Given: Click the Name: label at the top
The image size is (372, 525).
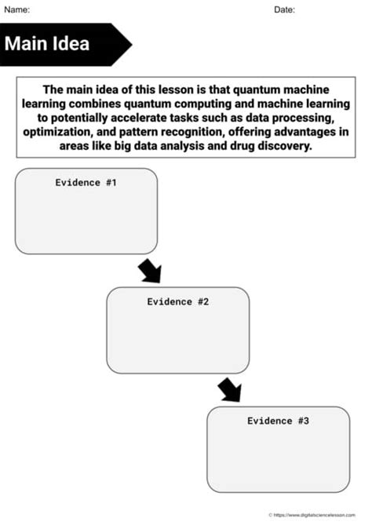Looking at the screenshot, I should (16, 9).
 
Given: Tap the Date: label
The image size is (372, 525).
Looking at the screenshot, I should (285, 9).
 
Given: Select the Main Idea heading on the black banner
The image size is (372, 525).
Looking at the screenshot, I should (47, 43).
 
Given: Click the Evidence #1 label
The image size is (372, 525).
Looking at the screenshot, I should (86, 182).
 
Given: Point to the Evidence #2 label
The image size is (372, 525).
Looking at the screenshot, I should (178, 301).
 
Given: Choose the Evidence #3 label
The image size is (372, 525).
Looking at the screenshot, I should (279, 421).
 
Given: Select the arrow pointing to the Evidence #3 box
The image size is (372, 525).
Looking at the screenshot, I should (229, 389).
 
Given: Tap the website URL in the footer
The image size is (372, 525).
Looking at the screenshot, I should (322, 515).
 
